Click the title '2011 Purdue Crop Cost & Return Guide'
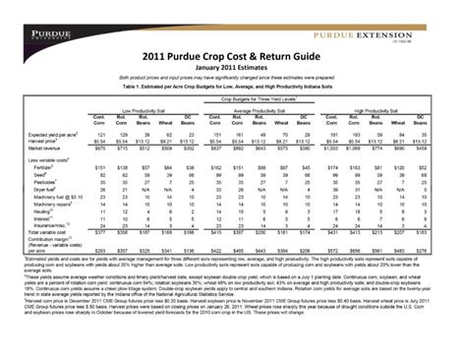point(233,58)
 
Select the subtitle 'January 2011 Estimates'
point(233,67)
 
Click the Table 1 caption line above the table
point(233,87)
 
